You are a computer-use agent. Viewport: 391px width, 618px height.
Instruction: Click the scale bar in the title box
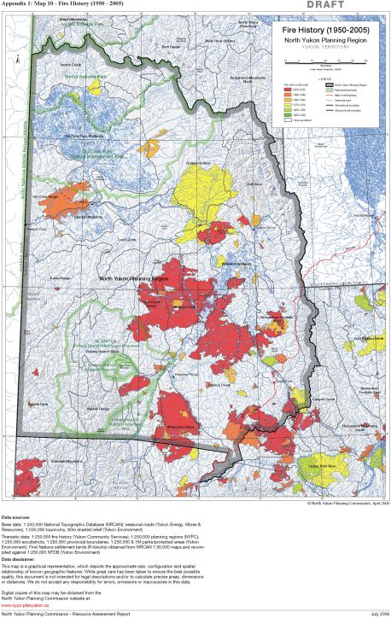coord(325,63)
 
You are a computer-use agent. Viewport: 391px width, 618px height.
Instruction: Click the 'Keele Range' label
coord(59,277)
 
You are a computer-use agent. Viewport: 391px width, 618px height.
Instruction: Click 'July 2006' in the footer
coord(375,613)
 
